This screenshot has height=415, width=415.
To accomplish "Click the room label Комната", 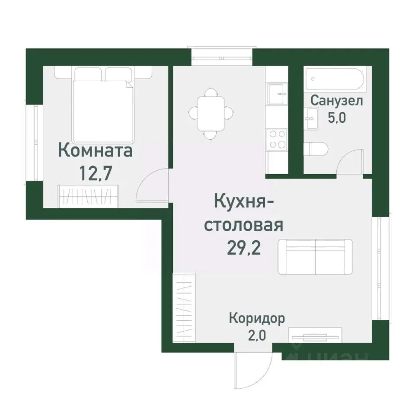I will [x=95, y=151].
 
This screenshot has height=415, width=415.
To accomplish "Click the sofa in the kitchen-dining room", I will [x=315, y=256].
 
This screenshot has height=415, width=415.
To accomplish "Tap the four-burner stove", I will [x=277, y=139].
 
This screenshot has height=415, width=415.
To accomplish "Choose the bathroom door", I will [x=351, y=162].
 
